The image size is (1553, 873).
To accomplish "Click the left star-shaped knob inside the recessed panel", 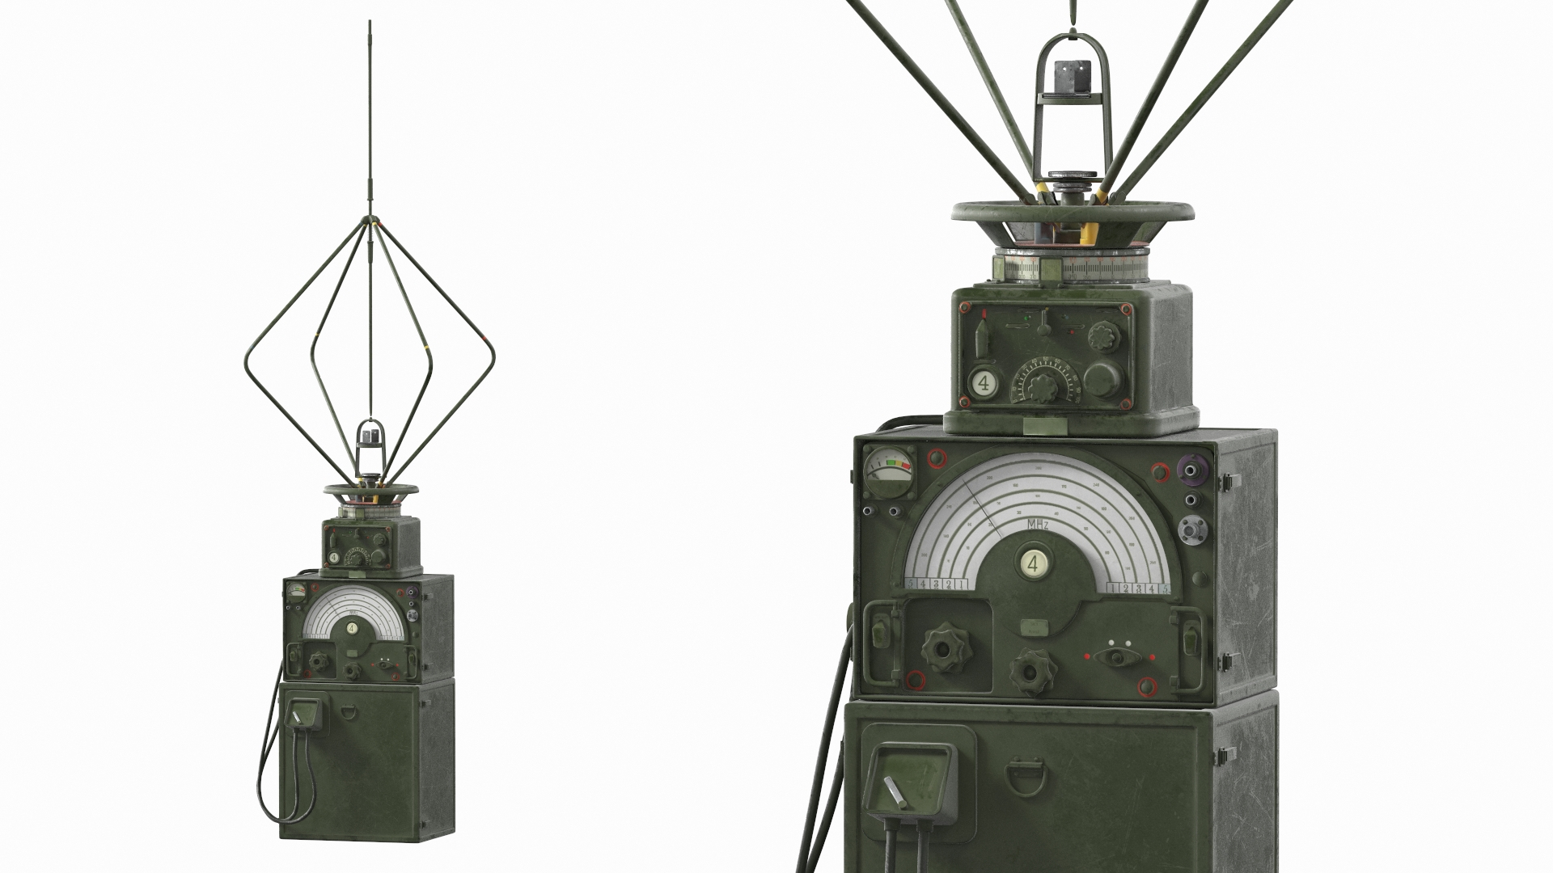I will tap(942, 647).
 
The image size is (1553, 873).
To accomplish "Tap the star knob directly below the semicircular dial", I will tap(1033, 670).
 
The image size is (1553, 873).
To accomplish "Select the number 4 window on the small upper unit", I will tap(984, 383).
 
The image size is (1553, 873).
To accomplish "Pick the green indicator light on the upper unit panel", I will tap(1026, 318).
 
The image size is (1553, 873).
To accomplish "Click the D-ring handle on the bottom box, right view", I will tap(1023, 777).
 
